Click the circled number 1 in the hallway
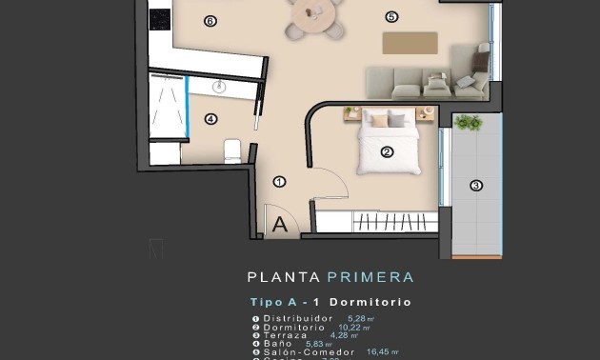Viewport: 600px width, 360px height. coord(279,181)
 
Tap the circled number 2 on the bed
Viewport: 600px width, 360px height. coord(387,151)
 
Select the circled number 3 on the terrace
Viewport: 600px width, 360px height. coord(476,186)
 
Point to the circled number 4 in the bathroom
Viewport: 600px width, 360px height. coord(210,119)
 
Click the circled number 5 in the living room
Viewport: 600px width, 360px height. coord(390,16)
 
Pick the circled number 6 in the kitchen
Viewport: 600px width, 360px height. coord(210,20)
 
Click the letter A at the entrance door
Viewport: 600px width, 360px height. coord(280,225)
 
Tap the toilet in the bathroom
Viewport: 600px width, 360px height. coord(232,150)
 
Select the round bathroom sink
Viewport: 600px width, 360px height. coord(220,87)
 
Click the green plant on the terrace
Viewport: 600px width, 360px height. coord(468,123)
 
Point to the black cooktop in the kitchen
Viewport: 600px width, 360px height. coord(159,18)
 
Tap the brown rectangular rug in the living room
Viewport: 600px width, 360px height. coord(410,43)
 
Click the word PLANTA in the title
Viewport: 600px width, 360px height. coord(284,278)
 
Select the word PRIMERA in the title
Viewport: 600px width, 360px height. coord(370,278)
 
